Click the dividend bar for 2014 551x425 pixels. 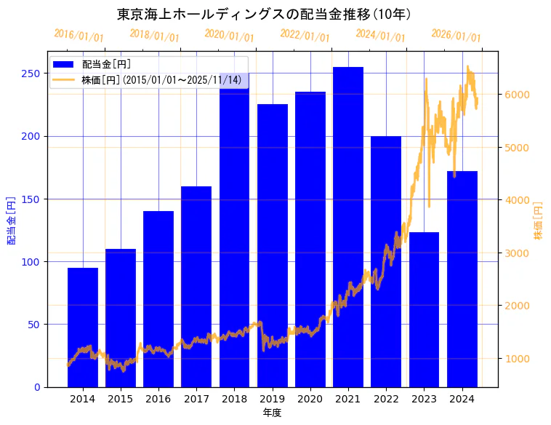[83, 327]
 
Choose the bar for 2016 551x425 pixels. [158, 298]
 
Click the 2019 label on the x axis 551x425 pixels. [272, 399]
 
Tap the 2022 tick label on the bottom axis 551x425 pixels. [386, 399]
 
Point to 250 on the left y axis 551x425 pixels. [31, 74]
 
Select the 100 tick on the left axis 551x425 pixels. [31, 261]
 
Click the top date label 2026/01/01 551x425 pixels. [456, 35]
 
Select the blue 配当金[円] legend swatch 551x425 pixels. [63, 64]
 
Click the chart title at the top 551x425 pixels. [265, 14]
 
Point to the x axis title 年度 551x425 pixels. [272, 413]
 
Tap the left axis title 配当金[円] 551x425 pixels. [11, 221]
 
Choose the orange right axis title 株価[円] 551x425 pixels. [539, 221]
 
